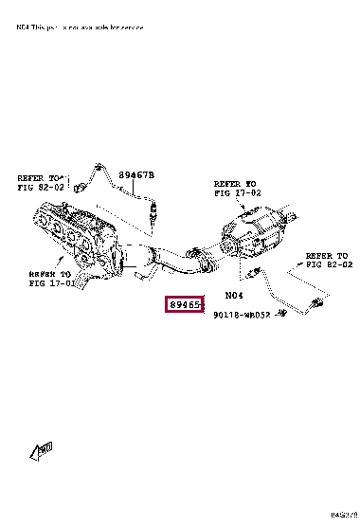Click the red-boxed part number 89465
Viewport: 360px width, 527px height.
(x=184, y=305)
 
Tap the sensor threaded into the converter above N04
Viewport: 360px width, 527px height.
(x=253, y=272)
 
